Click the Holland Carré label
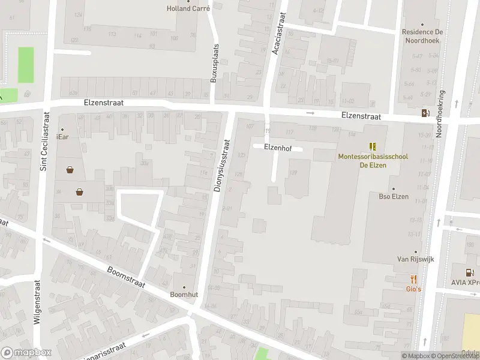click(188, 8)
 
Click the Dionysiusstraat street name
click(222, 166)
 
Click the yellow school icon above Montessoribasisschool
click(373, 146)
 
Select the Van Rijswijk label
click(415, 259)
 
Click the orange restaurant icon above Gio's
click(414, 279)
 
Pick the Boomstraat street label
click(126, 277)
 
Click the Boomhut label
click(184, 295)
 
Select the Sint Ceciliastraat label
click(43, 139)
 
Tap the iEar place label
click(62, 137)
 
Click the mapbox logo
click(26, 353)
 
